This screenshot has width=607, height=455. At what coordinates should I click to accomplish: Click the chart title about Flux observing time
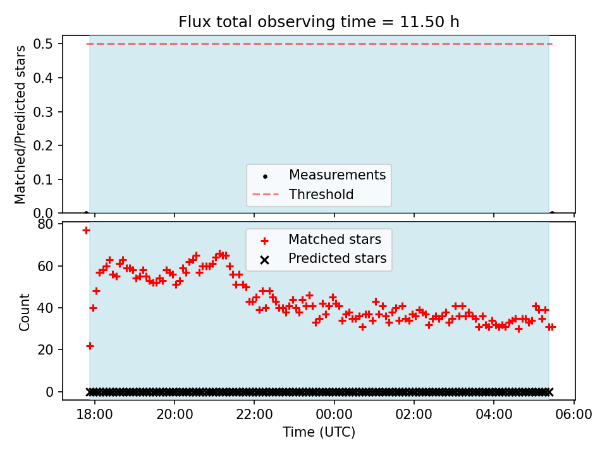click(319, 22)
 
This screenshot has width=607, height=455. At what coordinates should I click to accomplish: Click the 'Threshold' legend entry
click(321, 195)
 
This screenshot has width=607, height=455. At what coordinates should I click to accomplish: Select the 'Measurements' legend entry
click(337, 175)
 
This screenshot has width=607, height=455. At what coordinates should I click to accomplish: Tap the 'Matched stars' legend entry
click(334, 240)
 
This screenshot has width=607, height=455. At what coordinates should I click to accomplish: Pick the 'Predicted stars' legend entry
click(337, 258)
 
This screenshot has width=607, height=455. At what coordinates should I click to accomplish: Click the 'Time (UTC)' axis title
click(319, 433)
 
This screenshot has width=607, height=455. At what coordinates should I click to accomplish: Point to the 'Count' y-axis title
click(25, 312)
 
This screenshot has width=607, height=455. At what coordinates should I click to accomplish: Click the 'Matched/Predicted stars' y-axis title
click(21, 124)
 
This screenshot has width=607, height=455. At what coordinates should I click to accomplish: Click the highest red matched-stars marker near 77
click(86, 230)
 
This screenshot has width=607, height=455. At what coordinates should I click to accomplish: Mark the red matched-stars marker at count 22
click(90, 346)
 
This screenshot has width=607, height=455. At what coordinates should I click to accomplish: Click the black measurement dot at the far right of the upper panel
click(552, 213)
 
